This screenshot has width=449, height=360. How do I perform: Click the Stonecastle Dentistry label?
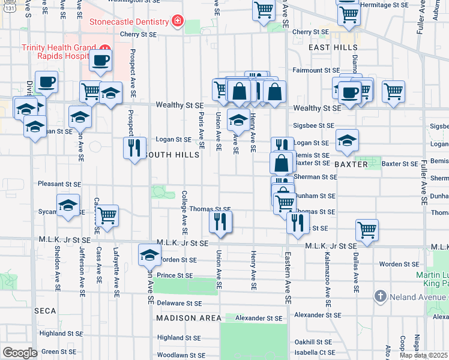129,22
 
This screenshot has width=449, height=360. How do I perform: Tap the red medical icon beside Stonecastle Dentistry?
177,22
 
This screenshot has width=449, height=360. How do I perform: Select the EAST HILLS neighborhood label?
329,47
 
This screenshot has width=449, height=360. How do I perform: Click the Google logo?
20,353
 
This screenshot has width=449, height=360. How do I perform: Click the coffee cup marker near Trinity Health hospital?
101,60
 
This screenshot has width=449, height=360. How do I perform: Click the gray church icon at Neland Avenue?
379,296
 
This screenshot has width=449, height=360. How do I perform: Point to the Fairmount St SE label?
309,70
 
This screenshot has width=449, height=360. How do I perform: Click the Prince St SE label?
175,276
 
